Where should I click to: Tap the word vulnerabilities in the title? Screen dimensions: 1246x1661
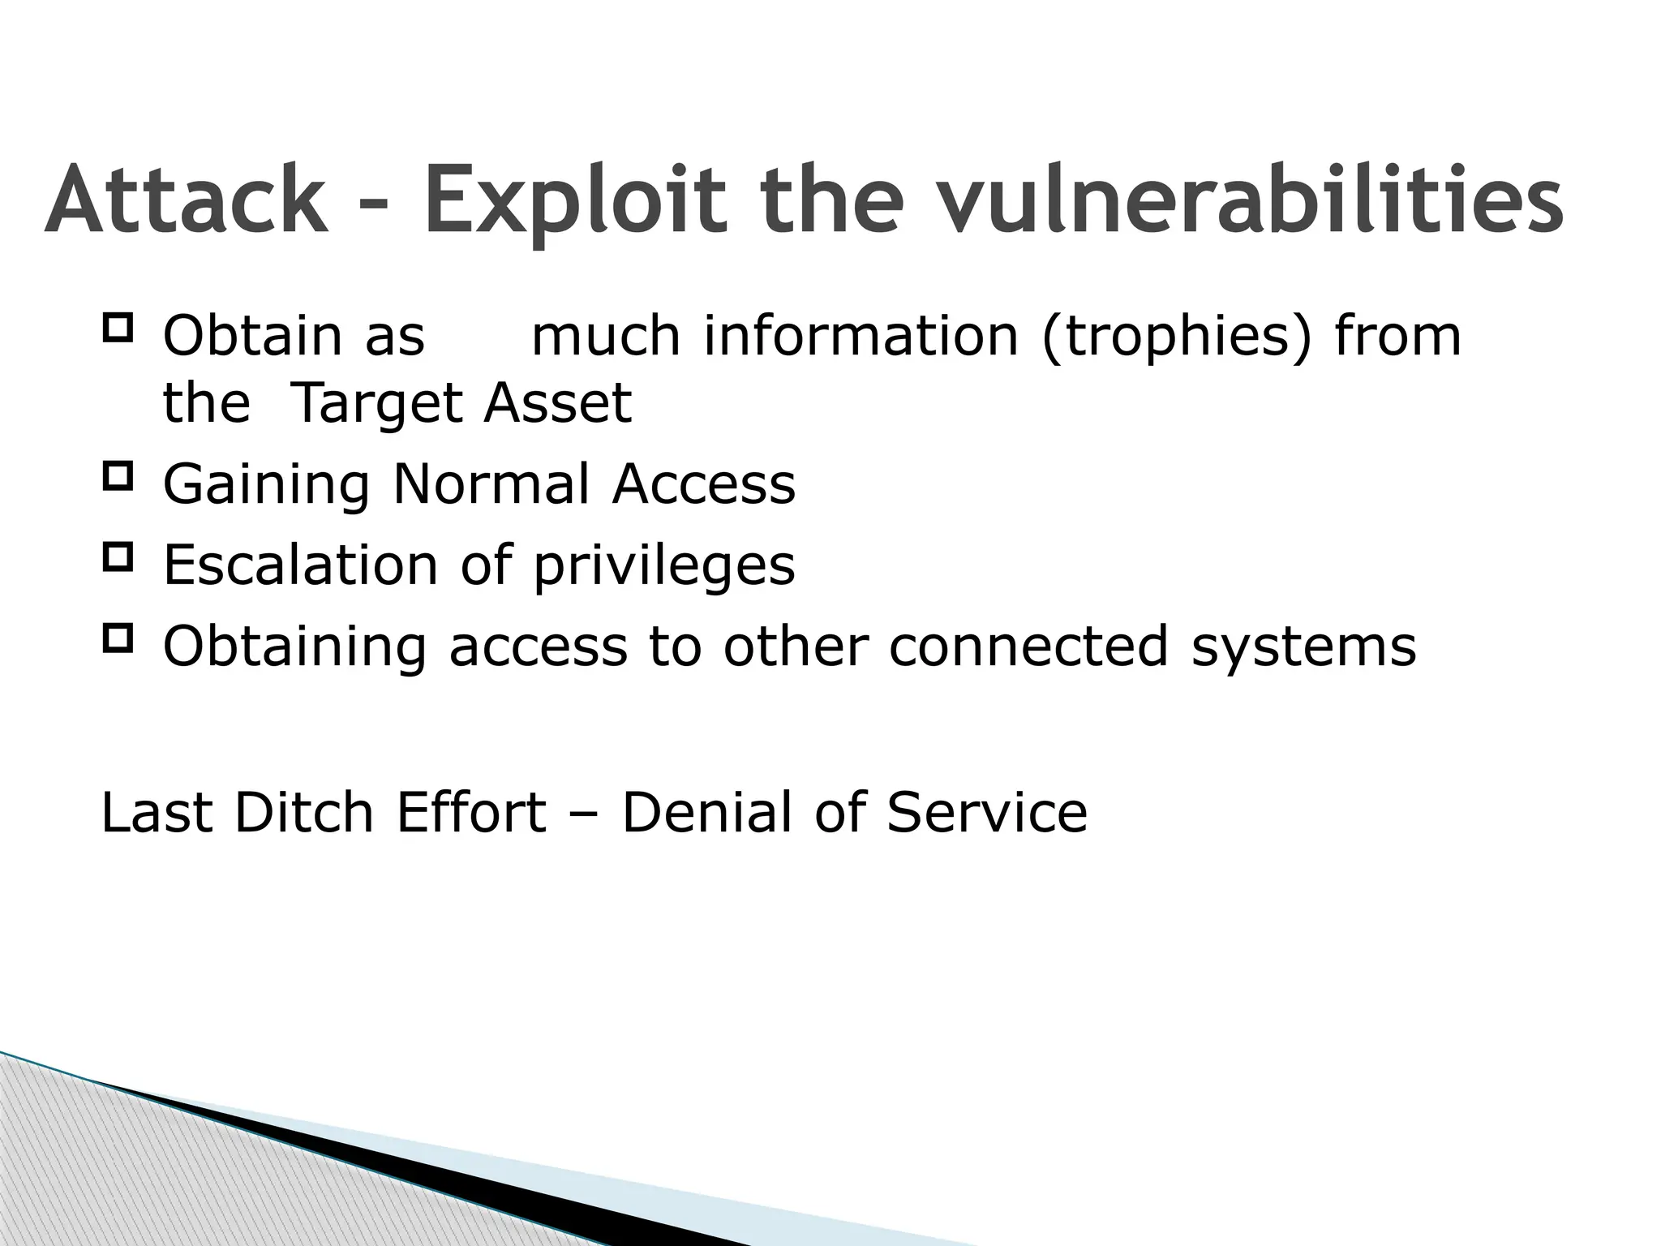(x=1250, y=200)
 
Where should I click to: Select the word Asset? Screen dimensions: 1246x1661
(x=558, y=403)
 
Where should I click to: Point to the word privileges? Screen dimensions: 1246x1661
(x=663, y=566)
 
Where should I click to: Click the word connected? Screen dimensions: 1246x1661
(x=1028, y=646)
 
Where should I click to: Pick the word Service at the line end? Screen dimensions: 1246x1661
(x=986, y=812)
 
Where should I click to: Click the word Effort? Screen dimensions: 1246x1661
(x=470, y=812)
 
